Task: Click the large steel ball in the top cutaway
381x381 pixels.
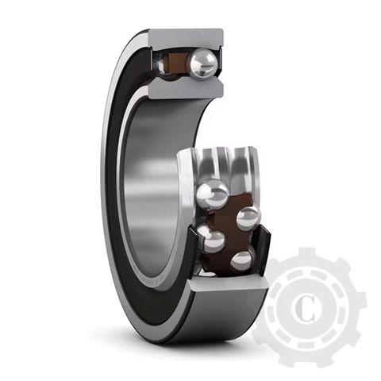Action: (x=203, y=63)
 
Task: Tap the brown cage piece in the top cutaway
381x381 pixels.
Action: (x=179, y=63)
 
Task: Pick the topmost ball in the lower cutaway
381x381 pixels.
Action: (x=212, y=193)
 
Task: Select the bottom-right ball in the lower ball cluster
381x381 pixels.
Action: (x=241, y=259)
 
